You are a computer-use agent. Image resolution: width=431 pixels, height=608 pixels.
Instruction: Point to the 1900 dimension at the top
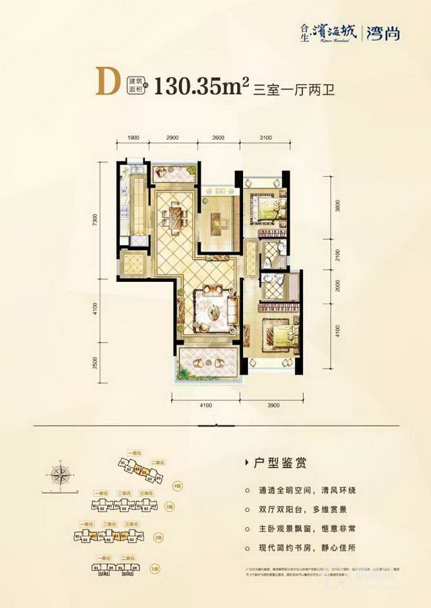[x=133, y=137]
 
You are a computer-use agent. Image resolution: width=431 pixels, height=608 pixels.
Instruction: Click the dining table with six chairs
[x=174, y=217]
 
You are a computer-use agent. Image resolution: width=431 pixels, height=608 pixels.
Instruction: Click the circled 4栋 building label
[x=176, y=485]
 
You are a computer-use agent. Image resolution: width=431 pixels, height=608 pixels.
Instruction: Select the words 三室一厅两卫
[x=292, y=89]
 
